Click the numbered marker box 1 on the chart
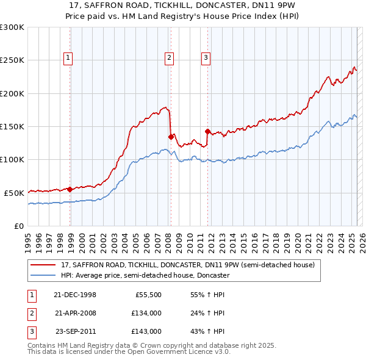[x=67, y=58]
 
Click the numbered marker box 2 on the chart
[x=168, y=58]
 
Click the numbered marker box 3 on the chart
[x=206, y=58]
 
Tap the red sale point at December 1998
[x=70, y=189]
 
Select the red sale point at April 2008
[x=170, y=137]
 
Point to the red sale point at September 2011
[x=207, y=131]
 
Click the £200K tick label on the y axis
[x=12, y=93]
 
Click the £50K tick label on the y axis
[x=14, y=192]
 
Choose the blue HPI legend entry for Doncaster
[x=145, y=275]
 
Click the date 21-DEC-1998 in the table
[x=75, y=295]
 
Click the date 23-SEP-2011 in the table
[x=75, y=331]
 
